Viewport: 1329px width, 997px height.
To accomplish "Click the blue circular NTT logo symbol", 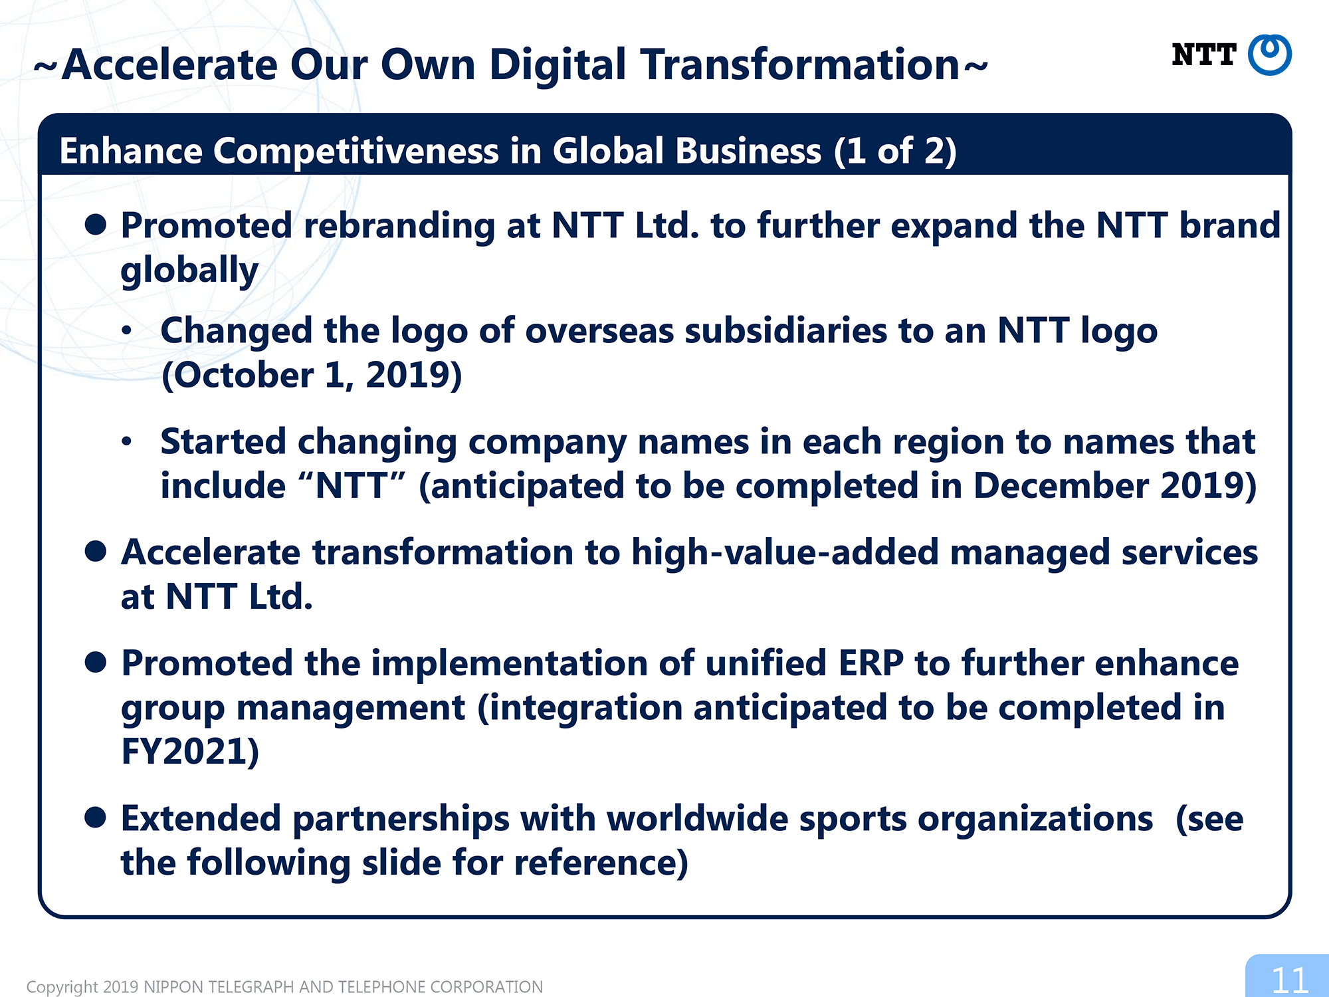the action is click(x=1269, y=55).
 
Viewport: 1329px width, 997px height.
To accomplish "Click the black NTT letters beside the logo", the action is click(x=1203, y=55).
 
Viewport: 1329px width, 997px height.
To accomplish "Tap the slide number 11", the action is click(x=1289, y=980).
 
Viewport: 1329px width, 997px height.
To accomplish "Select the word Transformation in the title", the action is click(x=800, y=65).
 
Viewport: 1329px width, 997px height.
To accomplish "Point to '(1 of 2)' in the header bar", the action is click(x=895, y=151).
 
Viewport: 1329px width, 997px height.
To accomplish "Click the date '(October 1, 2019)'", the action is click(x=312, y=376).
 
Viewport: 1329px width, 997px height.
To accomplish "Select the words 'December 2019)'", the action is click(x=1115, y=486).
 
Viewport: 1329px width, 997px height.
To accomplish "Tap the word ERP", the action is click(x=871, y=663).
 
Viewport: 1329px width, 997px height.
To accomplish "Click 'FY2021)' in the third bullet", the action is click(x=190, y=752).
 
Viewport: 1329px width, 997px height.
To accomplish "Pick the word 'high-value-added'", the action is click(x=785, y=553).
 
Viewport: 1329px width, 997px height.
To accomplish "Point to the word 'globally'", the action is click(x=189, y=271).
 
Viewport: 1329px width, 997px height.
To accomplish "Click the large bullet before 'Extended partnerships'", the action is click(x=96, y=818).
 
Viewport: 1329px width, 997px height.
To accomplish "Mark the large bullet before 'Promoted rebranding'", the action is click(x=96, y=225).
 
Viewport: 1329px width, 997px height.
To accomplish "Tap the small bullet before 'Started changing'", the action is click(x=126, y=441).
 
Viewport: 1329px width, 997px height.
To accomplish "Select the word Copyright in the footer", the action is click(x=62, y=987).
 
